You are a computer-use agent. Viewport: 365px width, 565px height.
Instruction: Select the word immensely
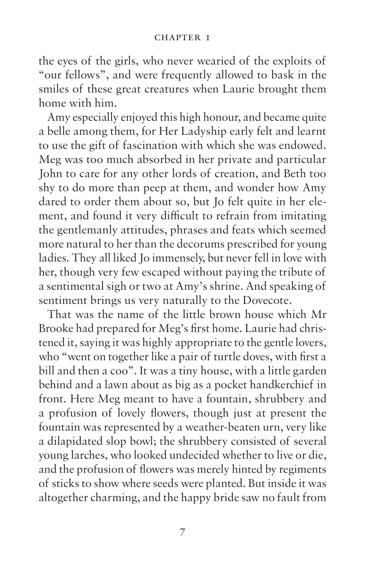[172, 258]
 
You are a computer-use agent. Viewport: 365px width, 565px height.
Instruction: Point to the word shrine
[223, 286]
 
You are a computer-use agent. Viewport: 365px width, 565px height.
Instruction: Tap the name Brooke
[56, 329]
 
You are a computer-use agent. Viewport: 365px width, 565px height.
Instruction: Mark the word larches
[86, 456]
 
